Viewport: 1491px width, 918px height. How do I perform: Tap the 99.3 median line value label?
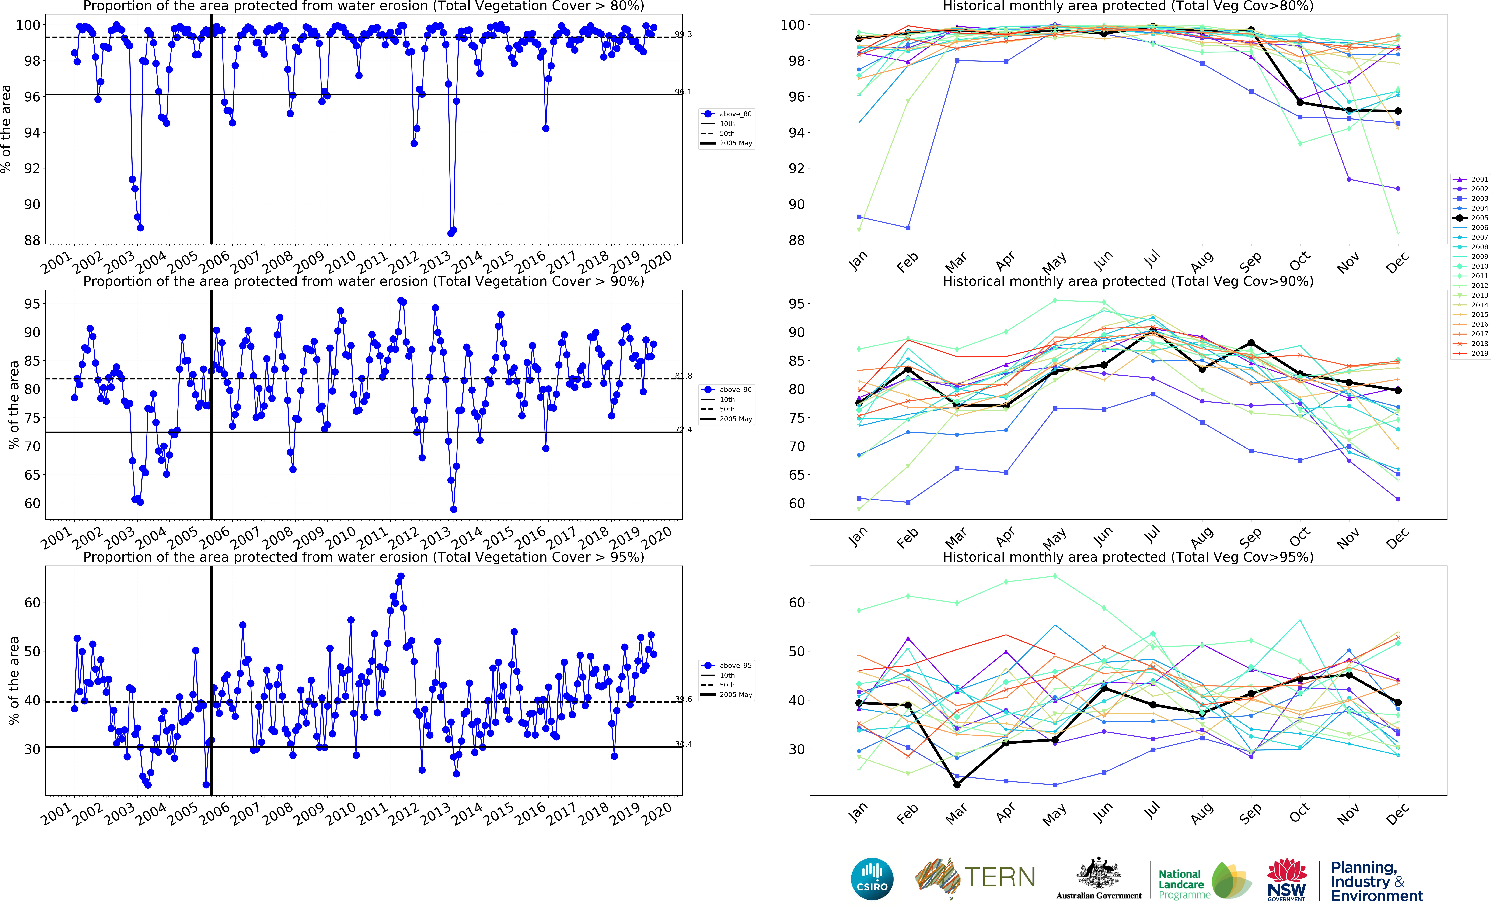pos(683,35)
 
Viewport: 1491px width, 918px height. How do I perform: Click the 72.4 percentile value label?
pos(683,430)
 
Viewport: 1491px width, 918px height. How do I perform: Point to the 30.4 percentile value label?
pos(683,744)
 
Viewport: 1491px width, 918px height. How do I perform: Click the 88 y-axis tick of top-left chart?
pos(32,240)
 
